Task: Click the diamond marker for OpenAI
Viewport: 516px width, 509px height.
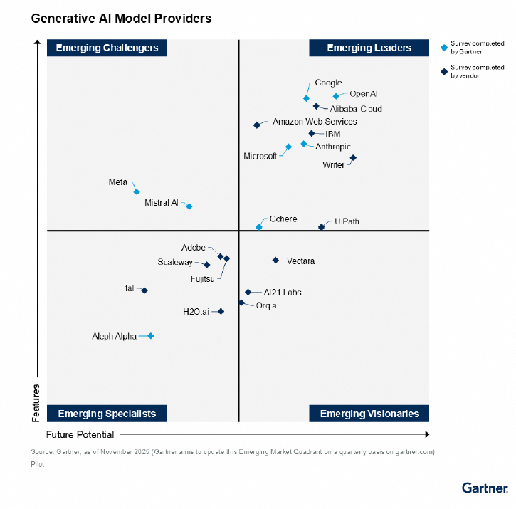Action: click(x=336, y=96)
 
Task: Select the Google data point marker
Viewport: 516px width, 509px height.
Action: click(x=306, y=98)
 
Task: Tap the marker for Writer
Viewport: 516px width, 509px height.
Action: click(x=353, y=158)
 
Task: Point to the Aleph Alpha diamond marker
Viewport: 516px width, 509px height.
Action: click(x=151, y=336)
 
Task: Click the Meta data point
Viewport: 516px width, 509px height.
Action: click(x=137, y=191)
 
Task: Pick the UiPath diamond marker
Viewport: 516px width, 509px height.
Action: click(x=321, y=227)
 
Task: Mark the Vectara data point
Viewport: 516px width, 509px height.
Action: click(x=275, y=261)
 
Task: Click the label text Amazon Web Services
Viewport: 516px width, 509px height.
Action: click(x=315, y=122)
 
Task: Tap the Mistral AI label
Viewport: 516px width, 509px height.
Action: click(x=162, y=203)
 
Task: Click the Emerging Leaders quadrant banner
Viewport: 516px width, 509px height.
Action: click(x=369, y=48)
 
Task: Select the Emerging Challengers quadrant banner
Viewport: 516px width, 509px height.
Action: click(x=107, y=48)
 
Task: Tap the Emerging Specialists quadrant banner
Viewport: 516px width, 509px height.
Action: click(x=107, y=414)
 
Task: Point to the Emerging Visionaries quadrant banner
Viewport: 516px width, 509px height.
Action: click(x=369, y=414)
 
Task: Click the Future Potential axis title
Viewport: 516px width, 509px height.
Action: click(x=80, y=434)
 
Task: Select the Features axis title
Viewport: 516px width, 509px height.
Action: click(x=36, y=403)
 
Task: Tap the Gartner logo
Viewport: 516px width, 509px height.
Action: click(x=485, y=488)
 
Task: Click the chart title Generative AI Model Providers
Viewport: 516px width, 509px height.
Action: click(x=121, y=19)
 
